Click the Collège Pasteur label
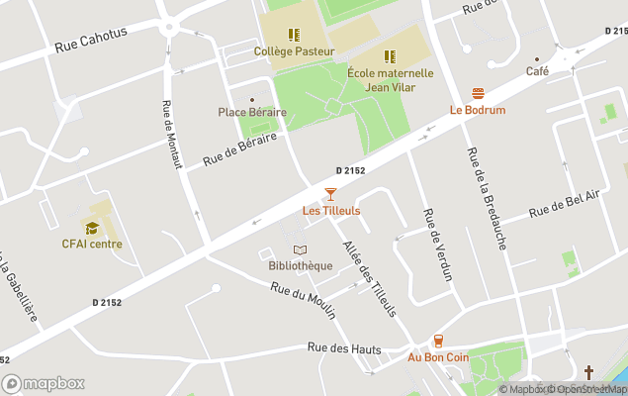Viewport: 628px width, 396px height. point(293,50)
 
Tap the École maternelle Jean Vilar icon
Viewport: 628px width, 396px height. point(390,56)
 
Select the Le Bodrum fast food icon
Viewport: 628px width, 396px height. point(478,93)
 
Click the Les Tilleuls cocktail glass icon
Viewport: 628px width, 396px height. point(330,194)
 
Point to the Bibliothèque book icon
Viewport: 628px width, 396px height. point(300,249)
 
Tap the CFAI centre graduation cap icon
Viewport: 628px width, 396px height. point(92,228)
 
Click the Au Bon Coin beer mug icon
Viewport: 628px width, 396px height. point(438,341)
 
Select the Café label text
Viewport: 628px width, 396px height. point(537,71)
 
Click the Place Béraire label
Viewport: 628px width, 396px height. point(252,112)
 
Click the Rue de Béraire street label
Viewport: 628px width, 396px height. point(237,150)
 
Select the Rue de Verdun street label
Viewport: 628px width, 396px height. point(436,244)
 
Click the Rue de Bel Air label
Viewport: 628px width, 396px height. point(564,204)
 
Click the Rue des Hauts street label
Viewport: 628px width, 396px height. point(344,348)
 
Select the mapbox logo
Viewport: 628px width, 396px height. point(44,383)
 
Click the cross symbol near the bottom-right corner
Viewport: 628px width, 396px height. point(588,372)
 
